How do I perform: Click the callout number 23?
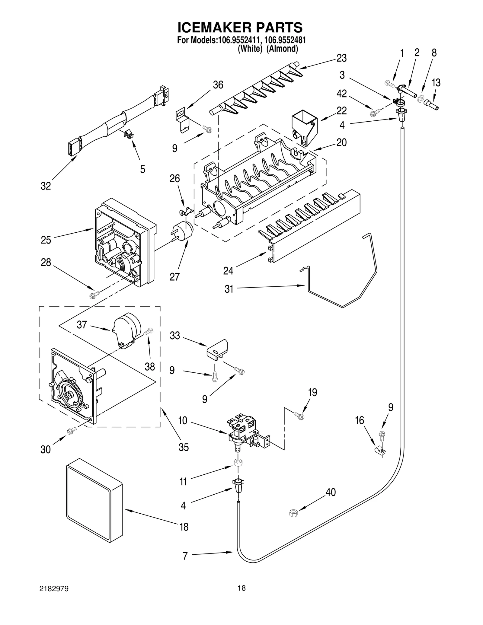341,58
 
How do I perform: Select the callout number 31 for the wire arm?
229,289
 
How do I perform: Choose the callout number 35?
183,447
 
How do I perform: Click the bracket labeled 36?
183,120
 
